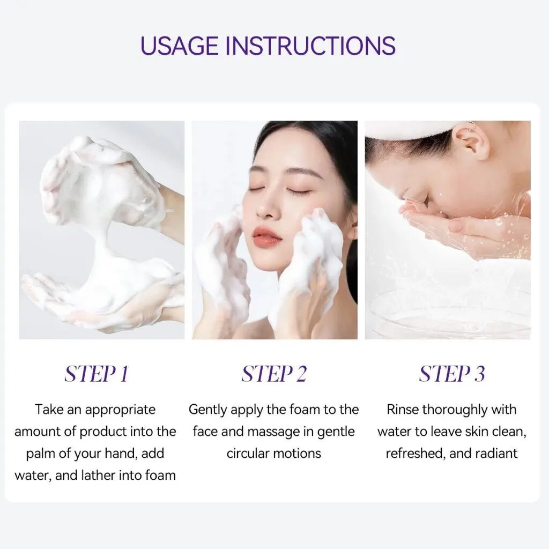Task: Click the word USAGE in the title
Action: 179,45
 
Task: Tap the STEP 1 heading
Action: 97,374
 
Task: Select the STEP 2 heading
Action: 274,374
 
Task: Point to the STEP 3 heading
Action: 452,374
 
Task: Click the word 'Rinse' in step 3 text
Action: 403,409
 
